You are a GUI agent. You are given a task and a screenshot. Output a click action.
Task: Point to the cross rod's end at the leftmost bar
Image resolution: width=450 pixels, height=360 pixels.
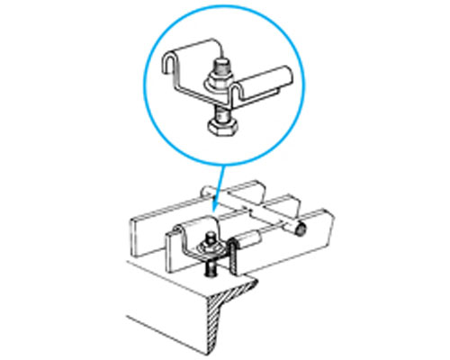tap(207, 190)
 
